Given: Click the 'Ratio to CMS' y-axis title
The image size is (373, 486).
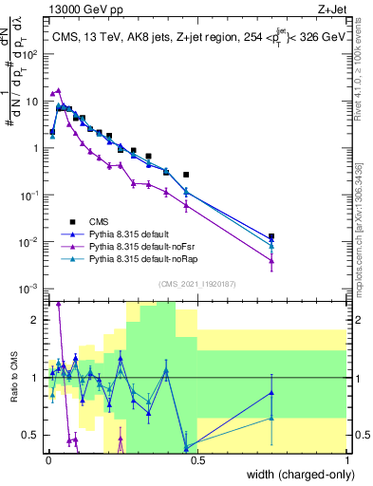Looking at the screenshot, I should (x=14, y=376).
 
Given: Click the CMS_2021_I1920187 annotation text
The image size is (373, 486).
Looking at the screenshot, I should (x=198, y=284).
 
